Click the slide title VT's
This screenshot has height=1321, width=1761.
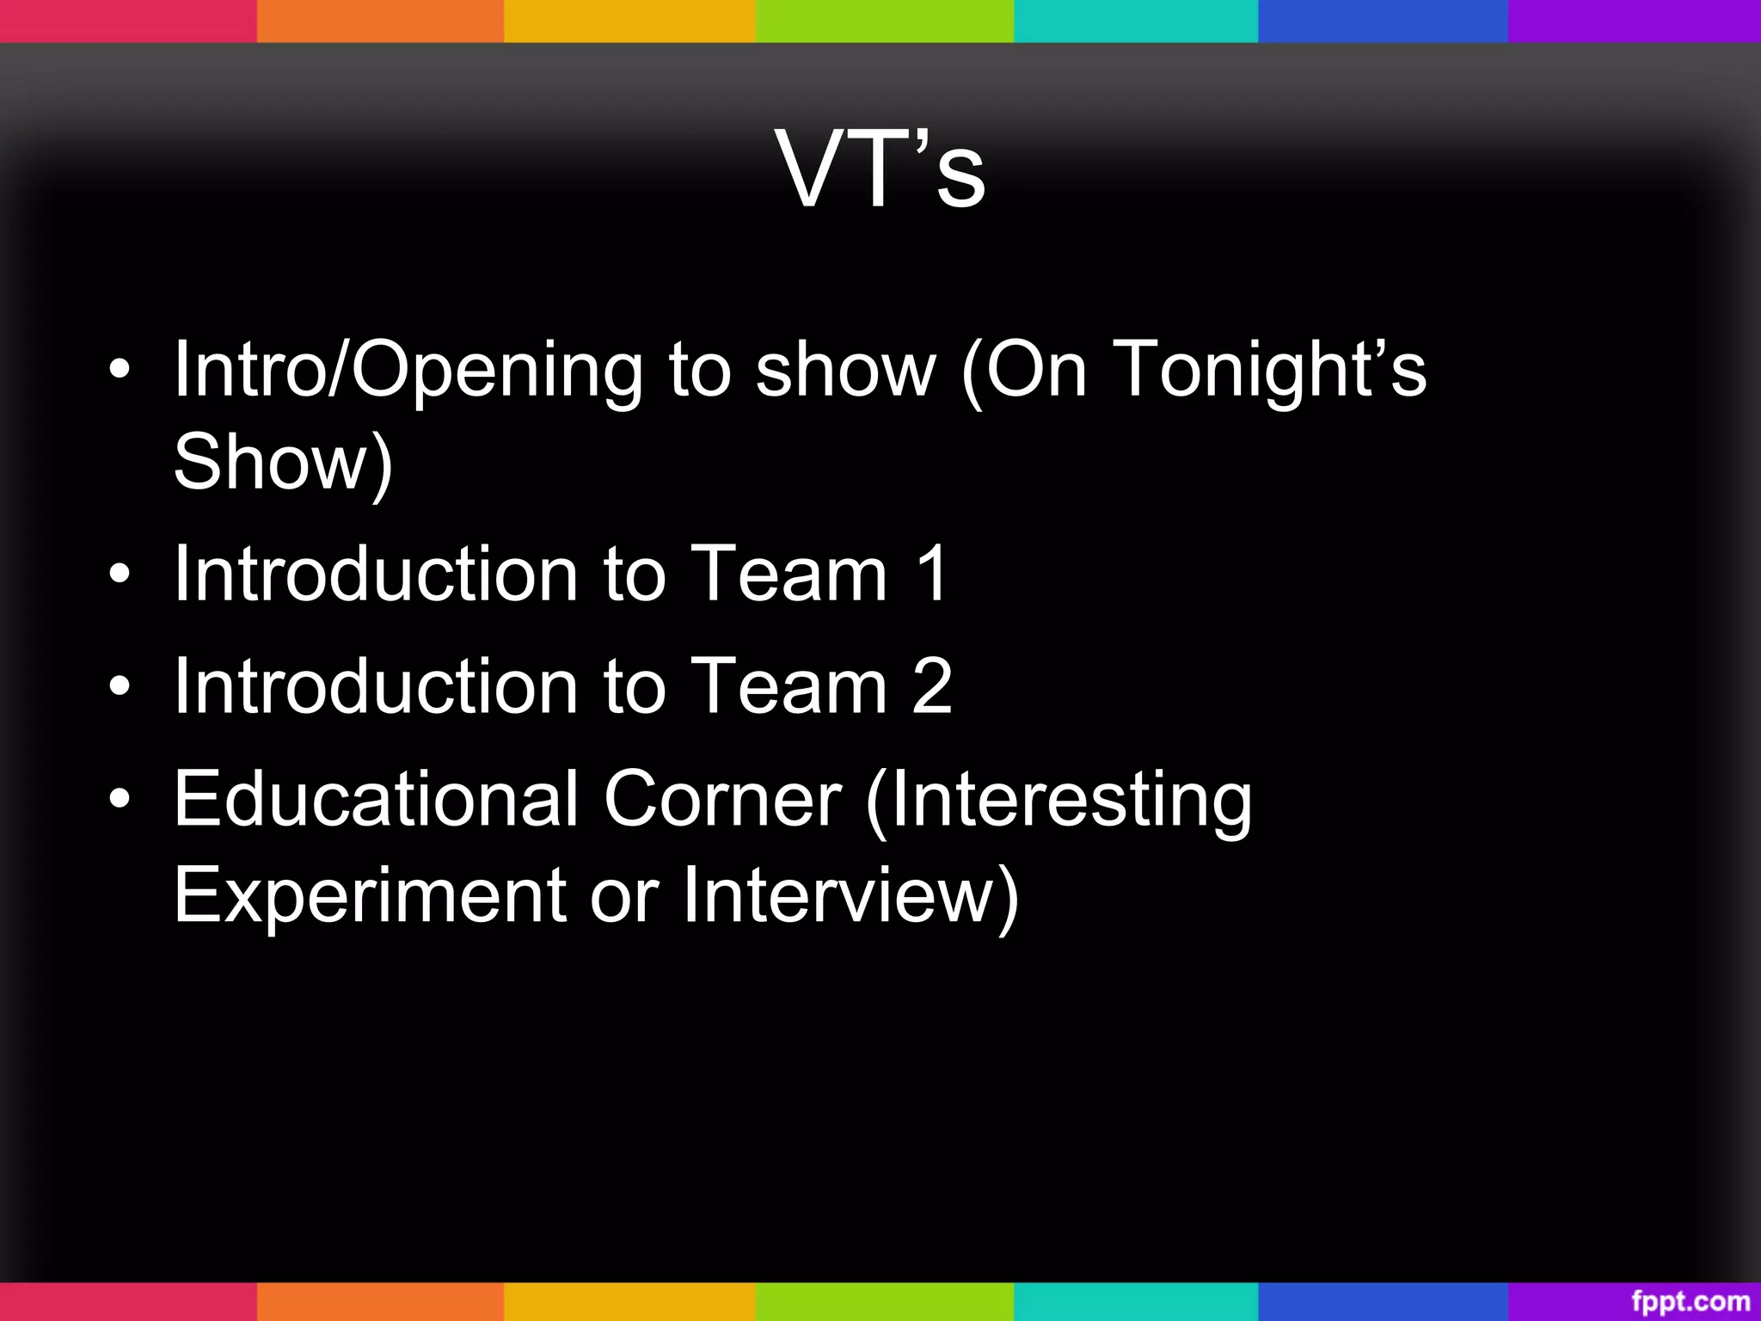pyautogui.click(x=880, y=169)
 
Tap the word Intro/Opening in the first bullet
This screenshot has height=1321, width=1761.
pyautogui.click(x=408, y=370)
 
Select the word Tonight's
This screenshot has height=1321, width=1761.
pyautogui.click(x=1269, y=370)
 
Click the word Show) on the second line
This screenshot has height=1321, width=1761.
pyautogui.click(x=283, y=463)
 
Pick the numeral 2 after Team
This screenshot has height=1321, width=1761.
pyautogui.click(x=932, y=685)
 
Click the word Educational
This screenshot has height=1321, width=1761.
pyautogui.click(x=376, y=799)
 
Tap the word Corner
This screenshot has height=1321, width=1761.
pyautogui.click(x=722, y=799)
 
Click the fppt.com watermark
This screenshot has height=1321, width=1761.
pyautogui.click(x=1690, y=1301)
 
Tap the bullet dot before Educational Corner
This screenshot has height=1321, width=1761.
pyautogui.click(x=120, y=800)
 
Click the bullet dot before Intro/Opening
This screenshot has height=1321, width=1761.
pyautogui.click(x=120, y=371)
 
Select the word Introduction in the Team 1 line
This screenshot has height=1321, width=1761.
pyautogui.click(x=376, y=574)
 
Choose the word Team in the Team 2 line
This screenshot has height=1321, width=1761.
pyautogui.click(x=788, y=685)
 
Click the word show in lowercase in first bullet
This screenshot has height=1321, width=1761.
pyautogui.click(x=845, y=370)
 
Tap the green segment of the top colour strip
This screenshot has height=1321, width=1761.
pyautogui.click(x=884, y=21)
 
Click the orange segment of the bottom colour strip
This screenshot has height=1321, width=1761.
pyautogui.click(x=380, y=1301)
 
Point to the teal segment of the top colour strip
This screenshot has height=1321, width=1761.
pyautogui.click(x=1135, y=21)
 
